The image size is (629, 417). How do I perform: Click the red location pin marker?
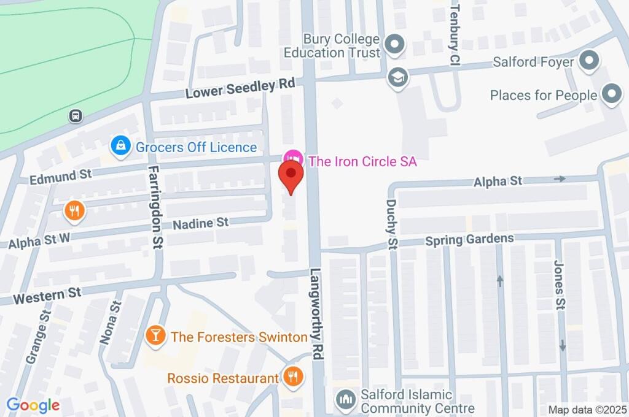[292, 177]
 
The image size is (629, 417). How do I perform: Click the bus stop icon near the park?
[76, 116]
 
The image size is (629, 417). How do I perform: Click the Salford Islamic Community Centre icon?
[345, 400]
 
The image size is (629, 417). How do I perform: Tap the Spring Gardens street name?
[469, 239]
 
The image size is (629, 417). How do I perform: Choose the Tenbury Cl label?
[455, 34]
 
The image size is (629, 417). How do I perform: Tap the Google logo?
[33, 405]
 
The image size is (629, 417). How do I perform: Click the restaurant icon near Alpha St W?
[74, 212]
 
